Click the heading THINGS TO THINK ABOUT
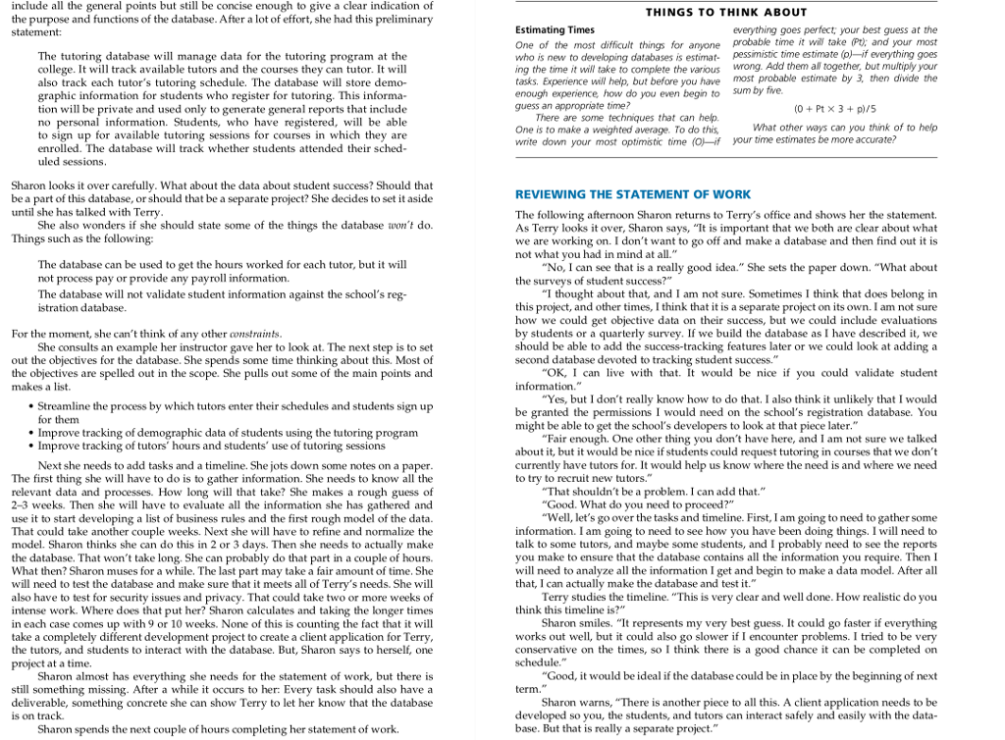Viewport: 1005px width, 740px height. coord(725,12)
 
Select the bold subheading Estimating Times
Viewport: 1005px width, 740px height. coord(555,29)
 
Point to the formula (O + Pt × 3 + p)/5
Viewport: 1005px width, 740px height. coord(834,108)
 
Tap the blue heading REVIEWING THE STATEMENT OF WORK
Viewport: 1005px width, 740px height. coord(633,194)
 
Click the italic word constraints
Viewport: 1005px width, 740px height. coord(255,334)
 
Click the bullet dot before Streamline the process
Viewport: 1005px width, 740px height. coord(32,406)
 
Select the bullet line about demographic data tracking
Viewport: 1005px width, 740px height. coord(228,432)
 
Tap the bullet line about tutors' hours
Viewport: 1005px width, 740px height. coord(211,446)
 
